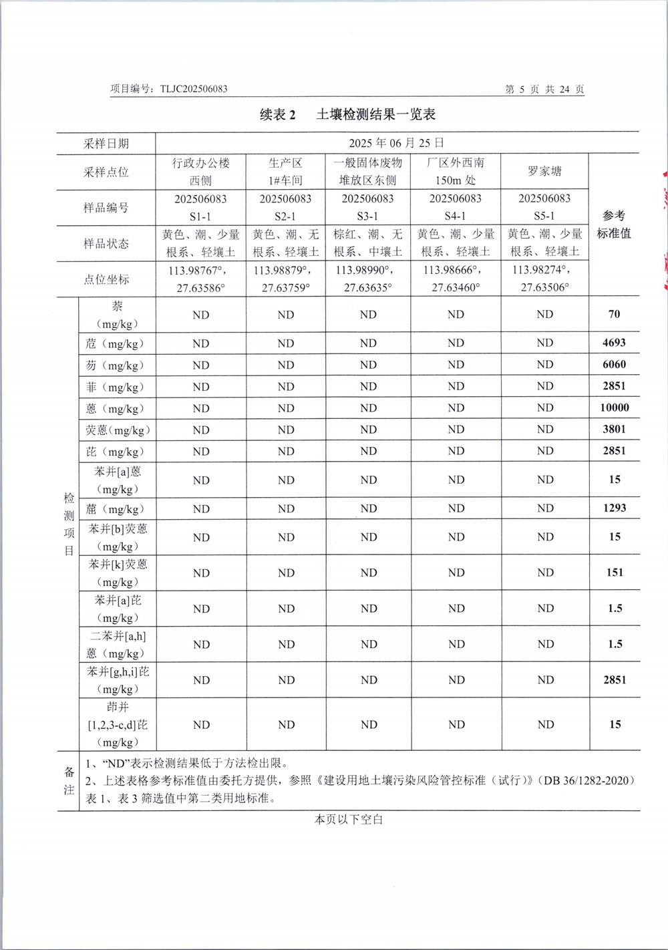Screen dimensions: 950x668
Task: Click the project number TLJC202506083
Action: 194,89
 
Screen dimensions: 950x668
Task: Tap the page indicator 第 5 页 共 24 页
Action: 544,89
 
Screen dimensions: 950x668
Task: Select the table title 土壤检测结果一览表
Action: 375,114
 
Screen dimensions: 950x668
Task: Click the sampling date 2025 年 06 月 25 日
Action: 397,143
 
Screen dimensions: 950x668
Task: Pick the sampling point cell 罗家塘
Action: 544,172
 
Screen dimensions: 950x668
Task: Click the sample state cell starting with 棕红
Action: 367,243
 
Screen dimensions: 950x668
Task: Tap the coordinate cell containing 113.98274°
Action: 544,279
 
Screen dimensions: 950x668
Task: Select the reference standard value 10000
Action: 614,408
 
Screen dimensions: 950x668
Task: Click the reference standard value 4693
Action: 614,343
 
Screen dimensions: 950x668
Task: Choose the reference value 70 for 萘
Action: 614,314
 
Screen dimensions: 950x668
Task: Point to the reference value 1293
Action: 614,508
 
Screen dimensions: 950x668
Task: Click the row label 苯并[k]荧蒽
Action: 118,573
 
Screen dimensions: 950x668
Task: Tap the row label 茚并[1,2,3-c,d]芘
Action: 118,724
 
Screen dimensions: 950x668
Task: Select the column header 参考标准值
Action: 614,224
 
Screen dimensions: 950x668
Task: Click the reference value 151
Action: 614,572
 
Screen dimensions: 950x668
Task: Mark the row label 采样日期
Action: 106,144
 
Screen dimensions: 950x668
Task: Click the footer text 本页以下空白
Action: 349,819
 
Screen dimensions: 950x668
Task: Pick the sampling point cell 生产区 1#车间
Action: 285,172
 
